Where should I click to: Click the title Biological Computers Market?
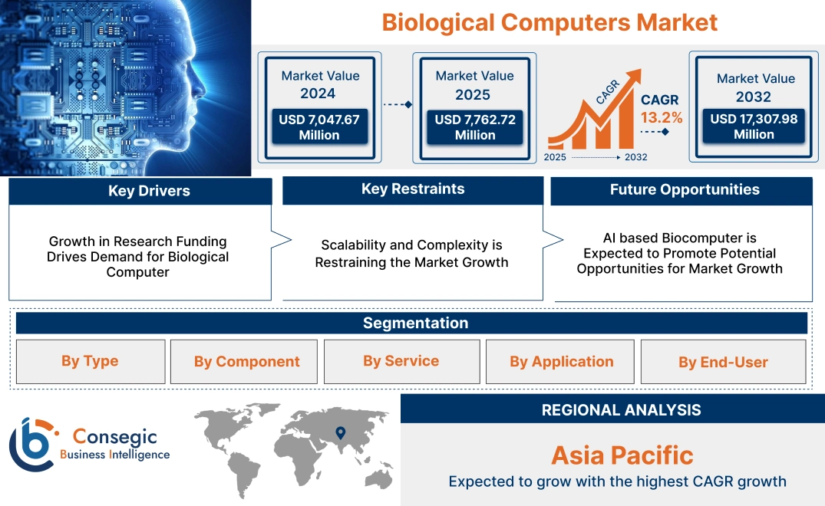pos(549,21)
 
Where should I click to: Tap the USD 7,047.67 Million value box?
pos(318,127)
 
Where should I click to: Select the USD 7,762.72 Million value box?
pos(474,127)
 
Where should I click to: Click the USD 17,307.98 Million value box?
pos(754,126)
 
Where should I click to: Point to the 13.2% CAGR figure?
pos(661,117)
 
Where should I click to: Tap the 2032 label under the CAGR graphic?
pos(635,157)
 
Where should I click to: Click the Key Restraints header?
pos(413,189)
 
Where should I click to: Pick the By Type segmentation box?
pos(90,361)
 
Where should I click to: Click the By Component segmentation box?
pos(246,362)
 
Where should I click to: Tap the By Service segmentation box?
pos(401,361)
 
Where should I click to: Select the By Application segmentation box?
pos(561,362)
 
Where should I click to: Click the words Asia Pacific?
pos(622,455)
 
